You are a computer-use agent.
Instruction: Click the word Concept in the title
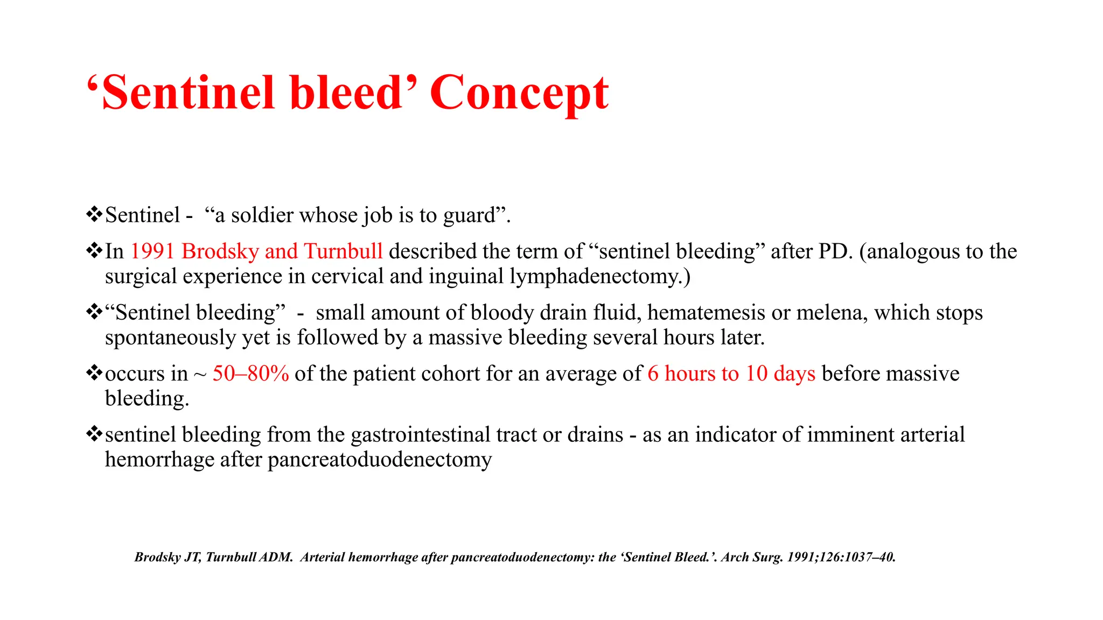click(519, 94)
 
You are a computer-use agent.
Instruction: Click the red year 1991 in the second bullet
click(152, 251)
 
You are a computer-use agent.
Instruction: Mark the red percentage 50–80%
click(250, 374)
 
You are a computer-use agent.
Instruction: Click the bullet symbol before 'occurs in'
click(94, 372)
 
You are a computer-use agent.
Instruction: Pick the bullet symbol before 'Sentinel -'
click(94, 214)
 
